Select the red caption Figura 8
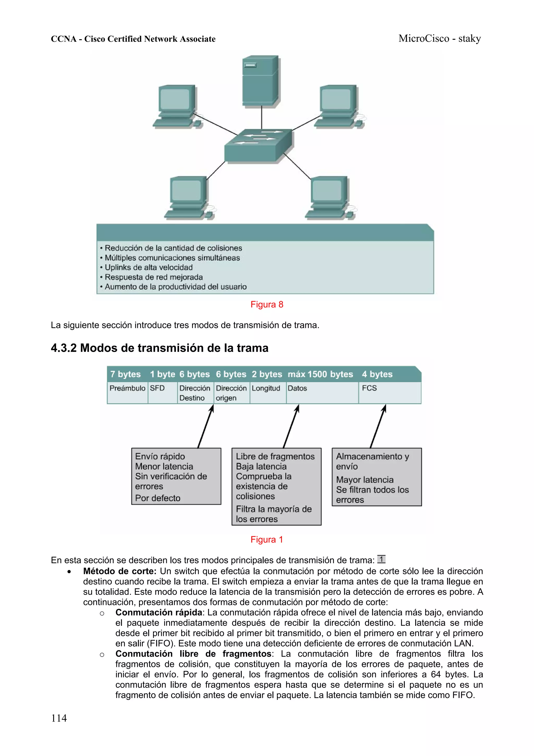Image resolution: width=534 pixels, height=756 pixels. click(x=267, y=305)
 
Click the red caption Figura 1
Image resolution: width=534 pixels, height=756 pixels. click(x=267, y=539)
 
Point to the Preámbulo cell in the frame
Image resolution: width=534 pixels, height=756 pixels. click(x=127, y=389)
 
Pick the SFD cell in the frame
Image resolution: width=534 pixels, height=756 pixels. click(x=157, y=389)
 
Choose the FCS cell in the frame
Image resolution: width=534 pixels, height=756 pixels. click(x=369, y=389)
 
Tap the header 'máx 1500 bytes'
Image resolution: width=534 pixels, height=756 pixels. click(x=320, y=374)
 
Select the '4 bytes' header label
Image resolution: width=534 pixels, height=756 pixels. click(x=377, y=374)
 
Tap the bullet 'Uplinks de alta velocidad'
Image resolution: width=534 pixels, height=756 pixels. click(x=148, y=267)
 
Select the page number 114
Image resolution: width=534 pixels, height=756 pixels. click(x=59, y=718)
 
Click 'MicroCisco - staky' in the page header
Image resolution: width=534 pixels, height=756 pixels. click(x=440, y=39)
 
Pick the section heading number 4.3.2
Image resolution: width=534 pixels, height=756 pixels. click(x=64, y=348)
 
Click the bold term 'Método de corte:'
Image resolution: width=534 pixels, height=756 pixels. click(x=120, y=571)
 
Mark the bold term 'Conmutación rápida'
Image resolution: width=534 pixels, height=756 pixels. click(x=159, y=612)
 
